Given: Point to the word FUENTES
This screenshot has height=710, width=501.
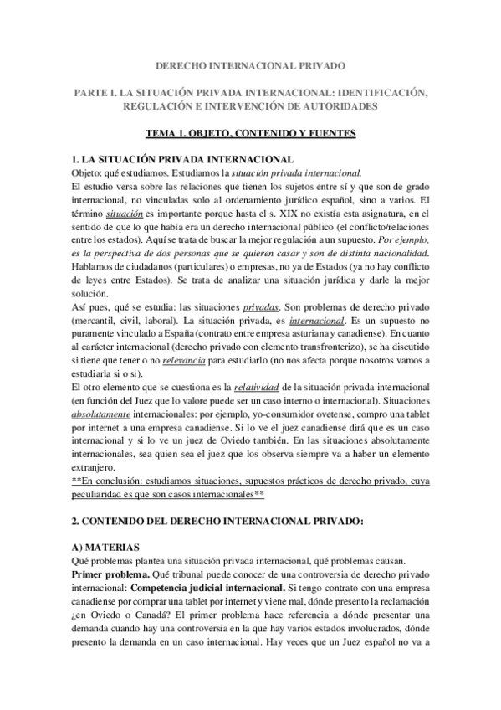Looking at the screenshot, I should click(330, 132).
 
